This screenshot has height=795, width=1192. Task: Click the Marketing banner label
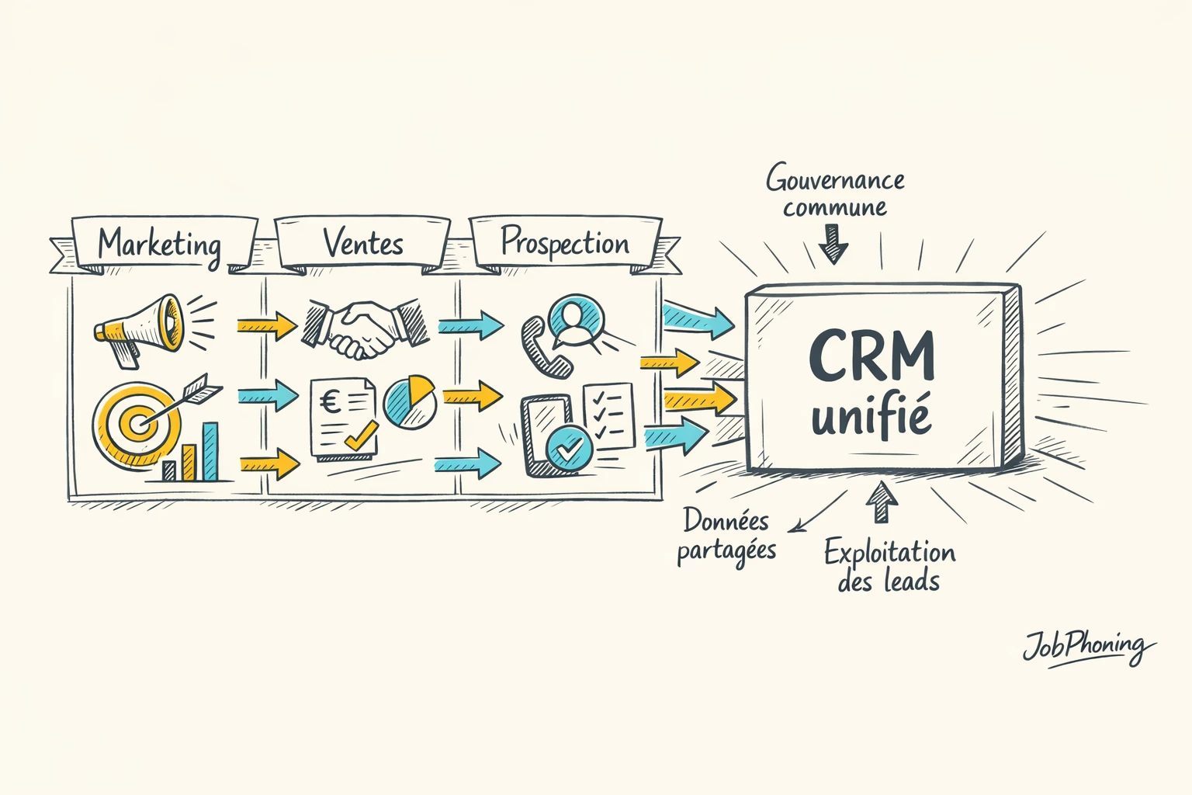(x=159, y=244)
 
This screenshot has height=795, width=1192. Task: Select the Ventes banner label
(x=363, y=243)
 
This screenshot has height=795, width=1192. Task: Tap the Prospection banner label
(x=565, y=242)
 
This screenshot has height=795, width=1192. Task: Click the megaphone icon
(x=140, y=326)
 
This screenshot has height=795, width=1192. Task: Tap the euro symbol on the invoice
(x=330, y=401)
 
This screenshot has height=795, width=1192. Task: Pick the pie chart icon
(x=410, y=402)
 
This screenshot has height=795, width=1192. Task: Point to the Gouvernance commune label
(x=835, y=193)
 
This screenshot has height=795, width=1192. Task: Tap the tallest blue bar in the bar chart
(x=210, y=451)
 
